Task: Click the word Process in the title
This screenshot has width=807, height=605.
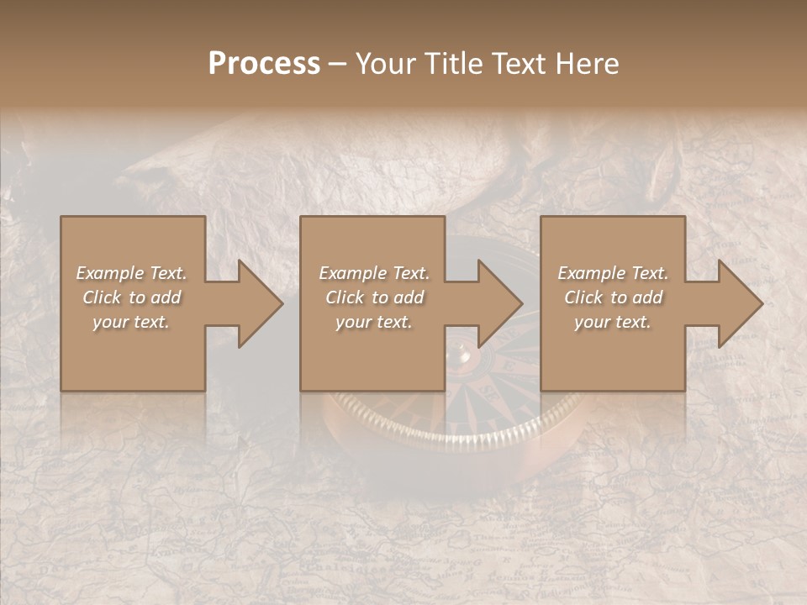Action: click(x=264, y=64)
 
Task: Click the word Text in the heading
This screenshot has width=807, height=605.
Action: click(x=519, y=64)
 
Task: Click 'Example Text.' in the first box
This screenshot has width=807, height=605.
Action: click(x=132, y=273)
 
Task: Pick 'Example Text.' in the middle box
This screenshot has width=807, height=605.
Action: click(x=374, y=273)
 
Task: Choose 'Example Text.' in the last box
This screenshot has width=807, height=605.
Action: click(x=613, y=273)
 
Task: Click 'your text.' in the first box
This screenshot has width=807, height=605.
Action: click(x=131, y=322)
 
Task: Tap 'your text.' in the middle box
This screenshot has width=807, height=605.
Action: click(x=373, y=322)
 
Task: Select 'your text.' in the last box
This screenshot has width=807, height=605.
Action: click(x=612, y=322)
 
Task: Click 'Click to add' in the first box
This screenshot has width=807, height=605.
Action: click(x=132, y=297)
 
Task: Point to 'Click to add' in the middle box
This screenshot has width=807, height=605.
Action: click(x=374, y=297)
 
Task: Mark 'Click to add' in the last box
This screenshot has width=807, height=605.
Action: click(x=613, y=297)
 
